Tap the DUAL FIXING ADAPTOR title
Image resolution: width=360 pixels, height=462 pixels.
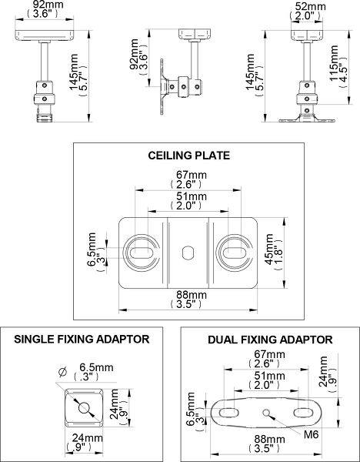coord(270,338)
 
